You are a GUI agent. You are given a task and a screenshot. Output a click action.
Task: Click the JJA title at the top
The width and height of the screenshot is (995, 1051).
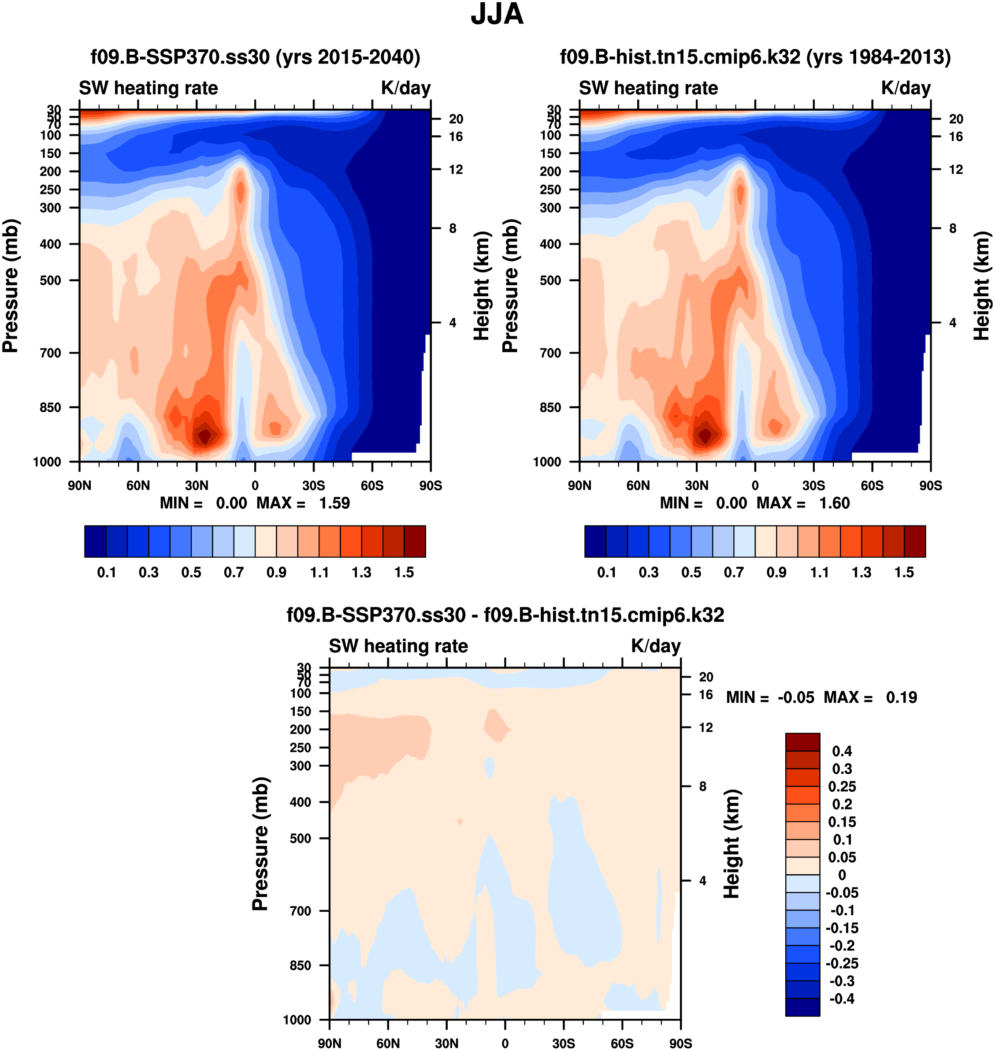(x=497, y=14)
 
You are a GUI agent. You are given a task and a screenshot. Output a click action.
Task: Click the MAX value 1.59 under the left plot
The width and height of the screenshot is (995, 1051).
(x=334, y=503)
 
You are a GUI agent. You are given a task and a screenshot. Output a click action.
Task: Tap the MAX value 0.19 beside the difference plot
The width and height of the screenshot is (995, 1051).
(x=901, y=697)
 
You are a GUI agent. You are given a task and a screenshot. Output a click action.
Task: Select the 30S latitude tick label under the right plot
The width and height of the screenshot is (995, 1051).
(x=813, y=485)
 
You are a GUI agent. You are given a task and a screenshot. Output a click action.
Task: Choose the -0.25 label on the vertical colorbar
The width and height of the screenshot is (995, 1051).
(x=842, y=963)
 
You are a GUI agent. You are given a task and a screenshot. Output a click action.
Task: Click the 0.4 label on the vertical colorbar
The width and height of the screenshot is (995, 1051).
(x=842, y=751)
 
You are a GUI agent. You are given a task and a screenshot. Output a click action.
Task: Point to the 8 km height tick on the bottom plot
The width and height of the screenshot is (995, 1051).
(x=702, y=786)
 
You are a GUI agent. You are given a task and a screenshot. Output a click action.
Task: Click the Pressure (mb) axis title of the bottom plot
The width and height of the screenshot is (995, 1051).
(x=260, y=843)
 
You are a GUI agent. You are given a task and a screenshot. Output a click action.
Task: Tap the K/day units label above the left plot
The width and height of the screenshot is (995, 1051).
(x=406, y=88)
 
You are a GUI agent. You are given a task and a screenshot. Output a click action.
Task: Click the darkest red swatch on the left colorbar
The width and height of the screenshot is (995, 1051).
(x=415, y=542)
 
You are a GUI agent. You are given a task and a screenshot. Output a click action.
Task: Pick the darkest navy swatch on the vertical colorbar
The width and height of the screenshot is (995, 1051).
(x=802, y=1006)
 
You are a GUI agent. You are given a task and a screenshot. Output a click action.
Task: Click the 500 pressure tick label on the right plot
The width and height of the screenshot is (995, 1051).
(x=550, y=280)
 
